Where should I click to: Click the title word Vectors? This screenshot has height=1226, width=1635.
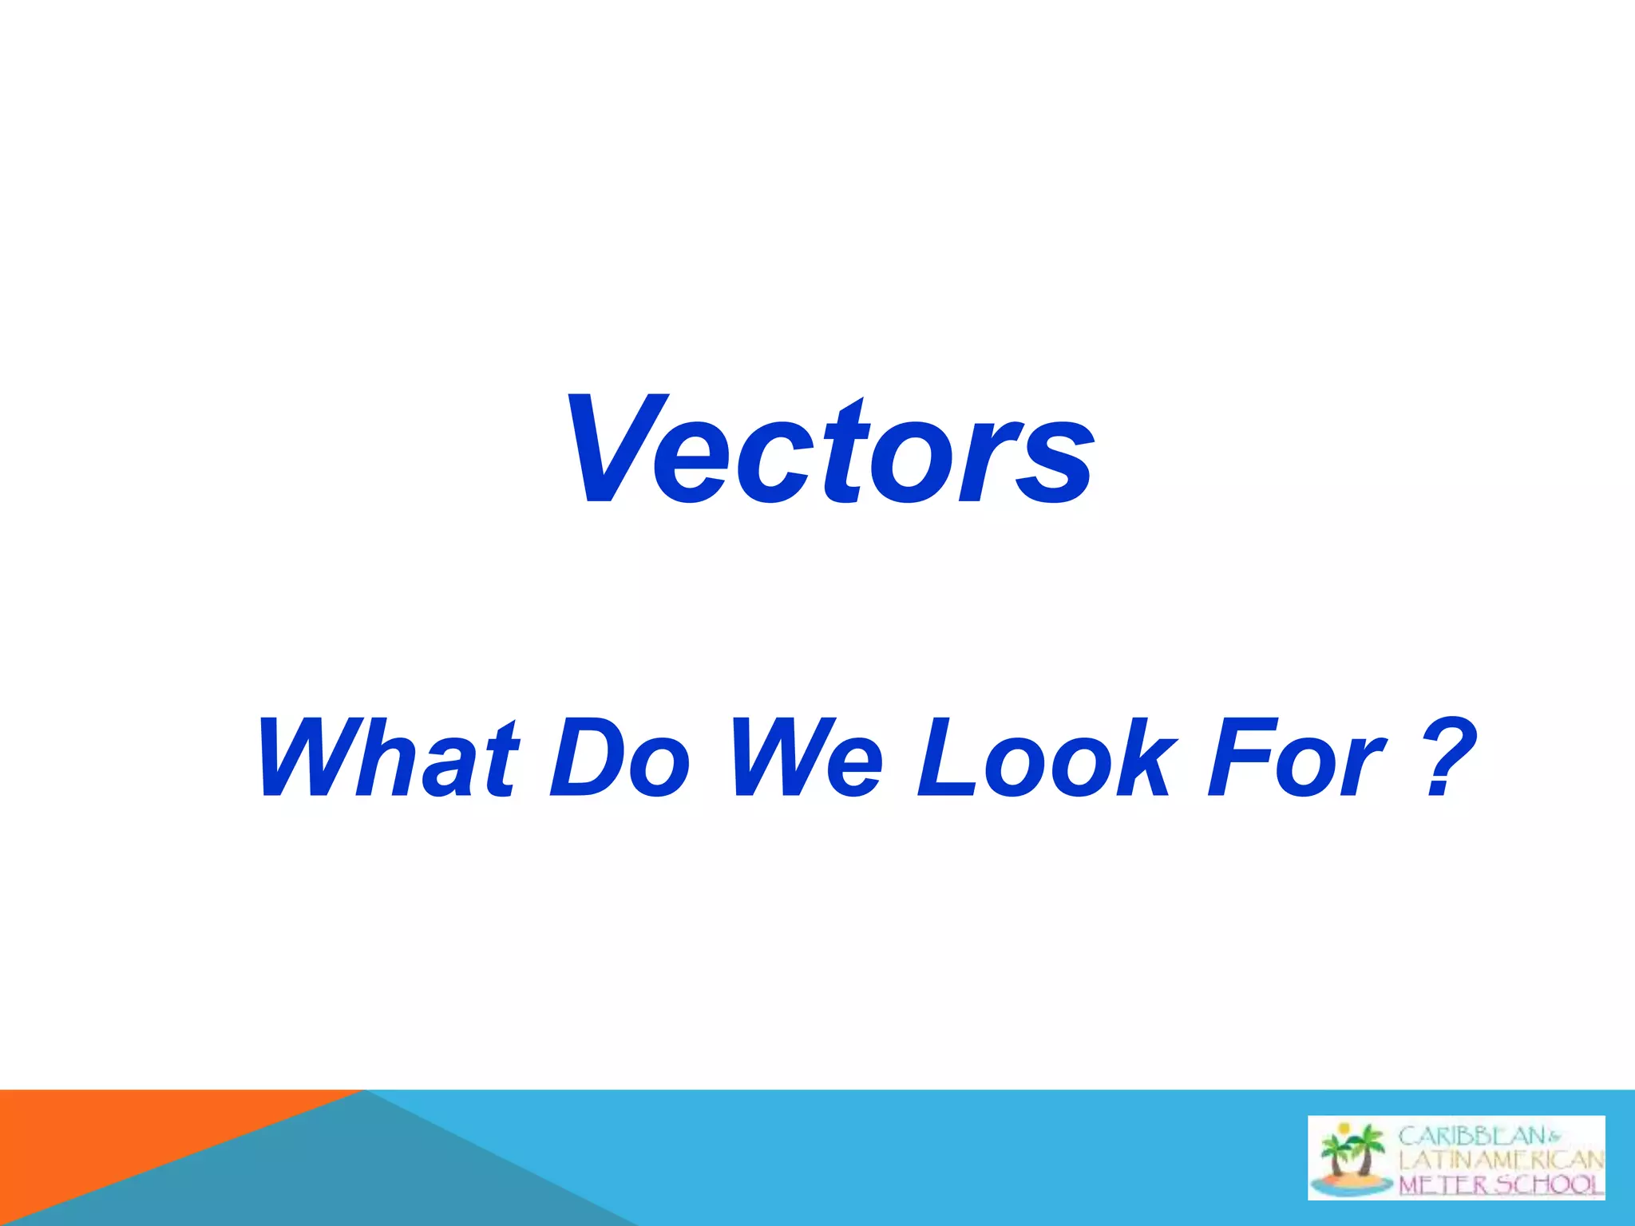click(830, 451)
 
